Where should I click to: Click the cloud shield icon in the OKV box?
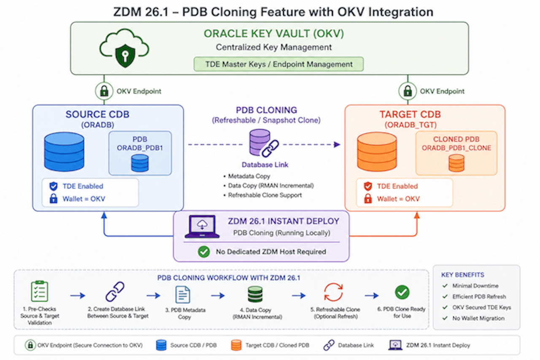(x=124, y=48)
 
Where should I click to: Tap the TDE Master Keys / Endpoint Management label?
(x=279, y=64)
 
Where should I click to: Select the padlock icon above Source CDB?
(x=104, y=91)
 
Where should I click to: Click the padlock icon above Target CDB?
(x=408, y=91)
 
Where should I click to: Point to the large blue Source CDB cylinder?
(x=64, y=152)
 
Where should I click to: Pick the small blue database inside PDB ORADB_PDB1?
(x=140, y=163)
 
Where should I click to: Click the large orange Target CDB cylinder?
(x=377, y=152)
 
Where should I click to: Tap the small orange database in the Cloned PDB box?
(x=456, y=163)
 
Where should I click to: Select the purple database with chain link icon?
(x=264, y=143)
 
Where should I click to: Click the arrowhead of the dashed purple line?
(x=337, y=145)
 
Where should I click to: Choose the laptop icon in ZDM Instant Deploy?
(x=202, y=227)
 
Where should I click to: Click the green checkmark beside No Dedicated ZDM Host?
(x=204, y=252)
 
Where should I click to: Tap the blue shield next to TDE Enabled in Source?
(x=54, y=186)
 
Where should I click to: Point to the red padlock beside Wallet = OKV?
(x=368, y=199)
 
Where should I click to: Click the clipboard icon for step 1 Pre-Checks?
(x=40, y=291)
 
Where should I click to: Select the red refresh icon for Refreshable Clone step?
(x=333, y=292)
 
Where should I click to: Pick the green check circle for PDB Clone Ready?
(x=402, y=292)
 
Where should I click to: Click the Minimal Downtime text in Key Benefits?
(x=475, y=286)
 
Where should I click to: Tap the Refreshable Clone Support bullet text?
(x=265, y=195)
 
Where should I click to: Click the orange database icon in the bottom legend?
(x=236, y=345)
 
